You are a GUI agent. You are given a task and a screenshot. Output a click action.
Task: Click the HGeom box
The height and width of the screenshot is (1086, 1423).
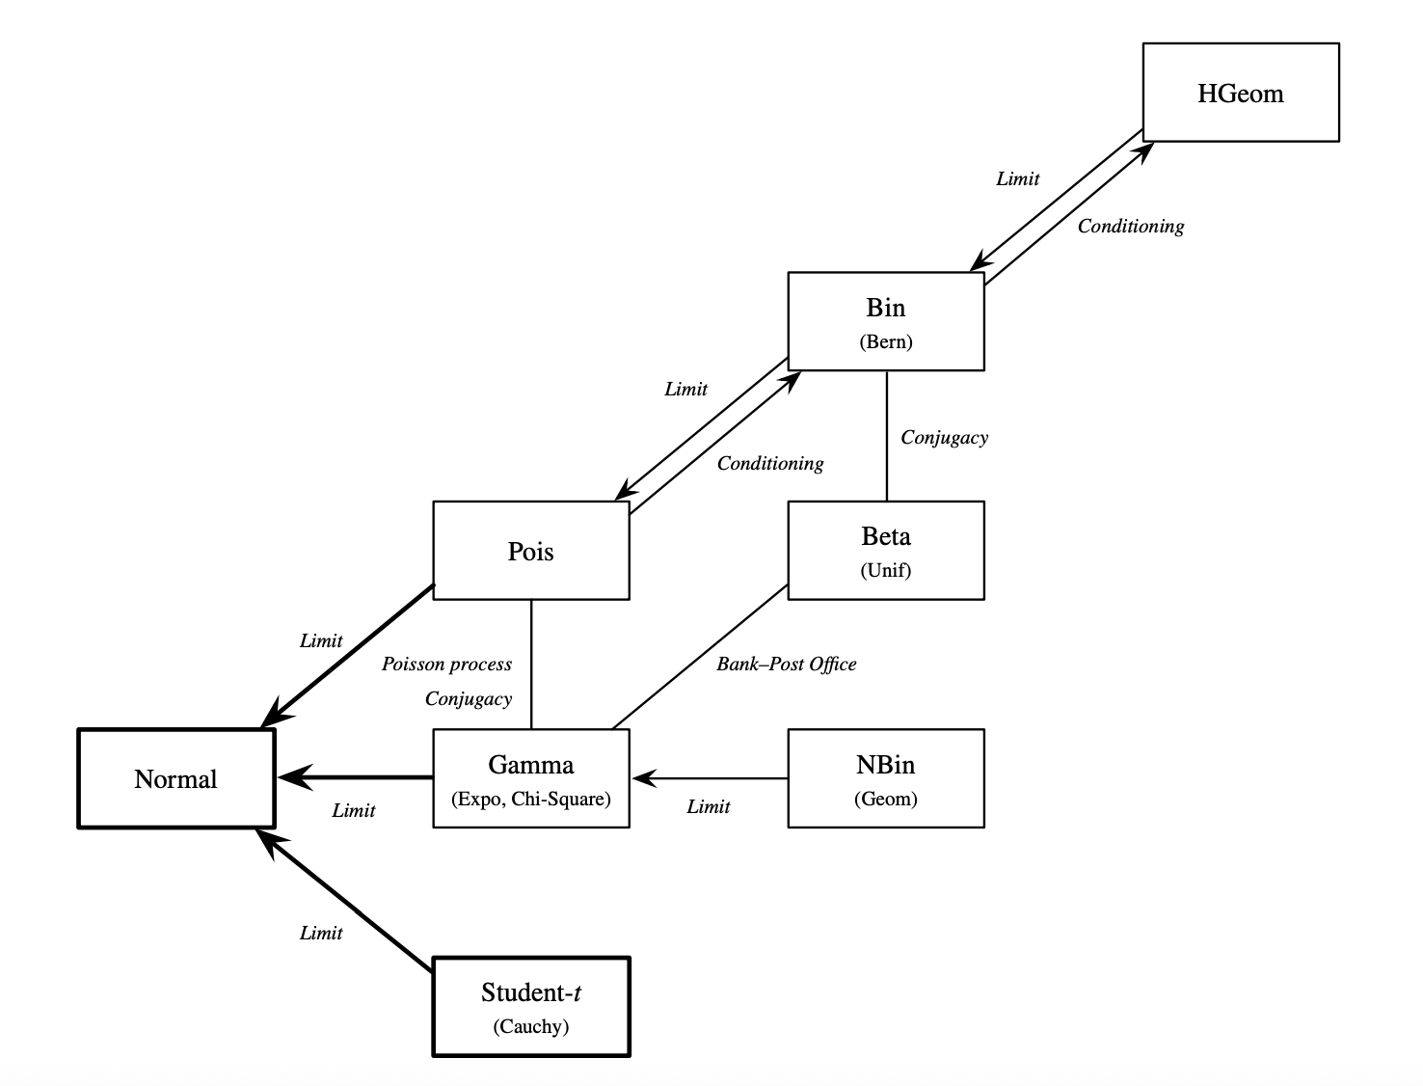1240,93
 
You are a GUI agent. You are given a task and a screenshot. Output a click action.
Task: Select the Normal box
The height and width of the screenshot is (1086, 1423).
175,778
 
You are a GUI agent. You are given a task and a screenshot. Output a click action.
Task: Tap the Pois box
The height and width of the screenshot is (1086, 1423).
530,551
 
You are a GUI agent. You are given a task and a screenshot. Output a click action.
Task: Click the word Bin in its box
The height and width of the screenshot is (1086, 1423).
885,308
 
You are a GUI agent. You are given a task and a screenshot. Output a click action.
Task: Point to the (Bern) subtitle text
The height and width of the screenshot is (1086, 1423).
885,341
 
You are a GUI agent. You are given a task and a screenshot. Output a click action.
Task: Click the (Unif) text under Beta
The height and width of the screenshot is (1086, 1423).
885,570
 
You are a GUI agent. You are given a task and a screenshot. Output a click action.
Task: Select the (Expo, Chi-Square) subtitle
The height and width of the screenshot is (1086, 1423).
530,799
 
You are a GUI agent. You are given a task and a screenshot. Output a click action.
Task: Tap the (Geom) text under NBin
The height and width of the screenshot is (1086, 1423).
885,799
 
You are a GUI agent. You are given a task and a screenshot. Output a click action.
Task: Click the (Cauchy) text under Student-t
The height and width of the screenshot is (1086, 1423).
530,1026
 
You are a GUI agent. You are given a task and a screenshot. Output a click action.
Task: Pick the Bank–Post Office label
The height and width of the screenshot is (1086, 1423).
786,664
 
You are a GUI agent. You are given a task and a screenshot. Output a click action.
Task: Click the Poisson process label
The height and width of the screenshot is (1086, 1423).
446,664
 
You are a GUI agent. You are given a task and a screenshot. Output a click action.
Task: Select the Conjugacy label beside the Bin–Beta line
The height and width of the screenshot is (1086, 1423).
944,437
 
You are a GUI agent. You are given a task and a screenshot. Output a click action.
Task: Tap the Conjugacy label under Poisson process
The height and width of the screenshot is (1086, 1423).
469,698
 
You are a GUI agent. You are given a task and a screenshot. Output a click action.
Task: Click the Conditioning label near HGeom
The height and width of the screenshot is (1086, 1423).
1130,226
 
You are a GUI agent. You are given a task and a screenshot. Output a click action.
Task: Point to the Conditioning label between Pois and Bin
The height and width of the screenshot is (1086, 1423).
769,463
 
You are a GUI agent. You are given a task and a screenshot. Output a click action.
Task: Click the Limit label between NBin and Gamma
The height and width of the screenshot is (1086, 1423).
708,806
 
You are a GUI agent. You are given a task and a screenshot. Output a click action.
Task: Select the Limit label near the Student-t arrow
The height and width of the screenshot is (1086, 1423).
320,933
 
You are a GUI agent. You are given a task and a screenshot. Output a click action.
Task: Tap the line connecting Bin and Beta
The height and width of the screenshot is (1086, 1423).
886,434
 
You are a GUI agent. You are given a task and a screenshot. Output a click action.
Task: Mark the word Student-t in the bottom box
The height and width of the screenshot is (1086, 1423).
530,992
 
